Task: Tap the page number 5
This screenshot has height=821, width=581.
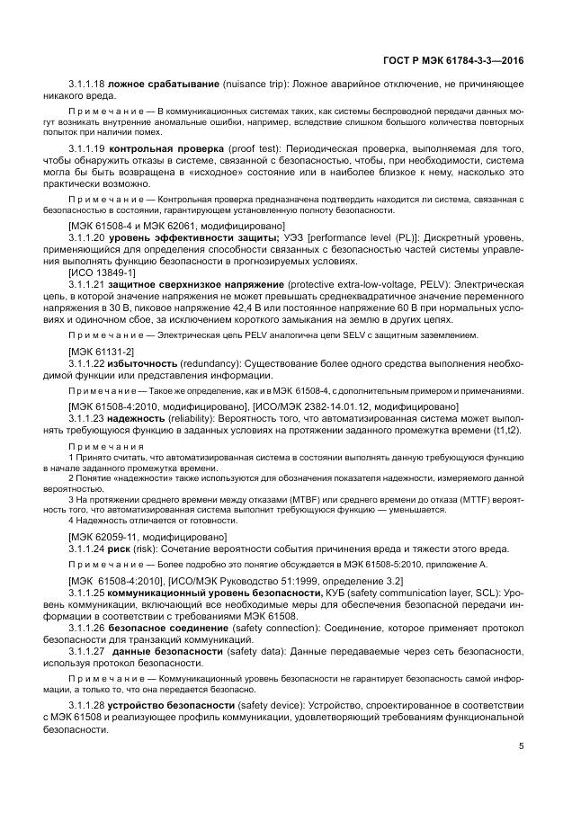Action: (522, 745)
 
